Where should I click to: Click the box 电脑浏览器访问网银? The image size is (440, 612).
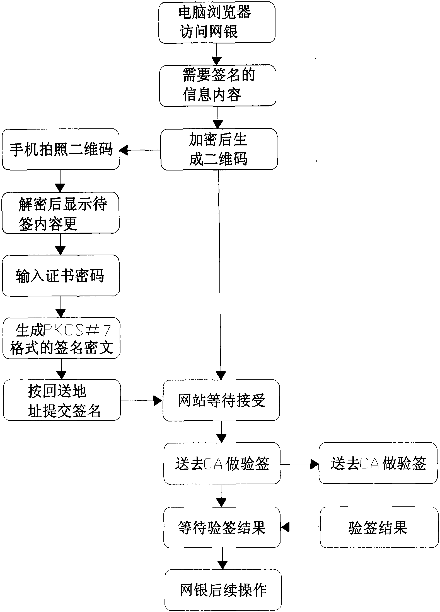point(217,22)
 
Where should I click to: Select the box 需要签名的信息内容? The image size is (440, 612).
point(217,86)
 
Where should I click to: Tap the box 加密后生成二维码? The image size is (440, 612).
point(219,149)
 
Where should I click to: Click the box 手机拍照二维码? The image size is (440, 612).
point(61,149)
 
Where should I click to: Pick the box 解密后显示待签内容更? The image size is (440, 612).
point(61,213)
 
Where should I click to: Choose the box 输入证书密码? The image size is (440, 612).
point(61,275)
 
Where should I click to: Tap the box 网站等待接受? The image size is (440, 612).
point(221,400)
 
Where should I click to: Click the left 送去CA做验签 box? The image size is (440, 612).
point(222,464)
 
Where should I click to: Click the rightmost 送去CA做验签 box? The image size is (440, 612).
point(378,464)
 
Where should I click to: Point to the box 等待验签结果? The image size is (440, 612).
point(222,527)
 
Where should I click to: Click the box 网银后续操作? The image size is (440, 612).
point(223,590)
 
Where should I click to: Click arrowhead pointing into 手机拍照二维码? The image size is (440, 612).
point(123,151)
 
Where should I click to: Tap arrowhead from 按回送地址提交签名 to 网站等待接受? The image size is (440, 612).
point(158,401)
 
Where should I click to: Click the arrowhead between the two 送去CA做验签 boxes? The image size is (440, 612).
point(315,464)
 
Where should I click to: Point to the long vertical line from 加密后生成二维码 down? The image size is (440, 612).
point(219,265)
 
